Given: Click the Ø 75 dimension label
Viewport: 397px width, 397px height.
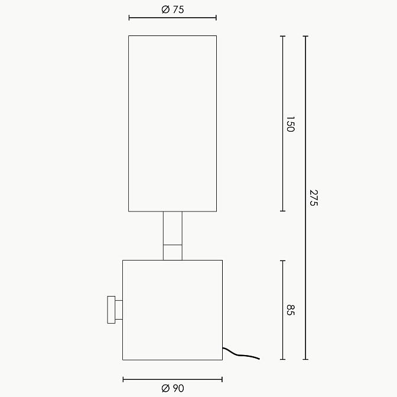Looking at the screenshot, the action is (x=173, y=9).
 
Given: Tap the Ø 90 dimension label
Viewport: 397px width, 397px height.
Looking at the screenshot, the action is (x=173, y=388).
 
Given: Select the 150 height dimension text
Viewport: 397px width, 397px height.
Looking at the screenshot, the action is (x=291, y=124).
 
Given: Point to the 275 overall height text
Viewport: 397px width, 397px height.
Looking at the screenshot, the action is (x=314, y=198).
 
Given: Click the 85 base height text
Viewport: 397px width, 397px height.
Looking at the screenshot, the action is (x=291, y=310).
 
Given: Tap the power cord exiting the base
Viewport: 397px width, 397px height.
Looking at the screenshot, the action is (x=241, y=354).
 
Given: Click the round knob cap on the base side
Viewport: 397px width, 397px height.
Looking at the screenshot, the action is (x=111, y=310).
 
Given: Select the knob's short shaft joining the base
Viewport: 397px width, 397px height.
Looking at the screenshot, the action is (x=119, y=310).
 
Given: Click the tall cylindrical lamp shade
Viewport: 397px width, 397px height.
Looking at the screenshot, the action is (x=173, y=123).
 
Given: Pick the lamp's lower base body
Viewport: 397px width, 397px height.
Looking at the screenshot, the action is (x=173, y=310).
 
